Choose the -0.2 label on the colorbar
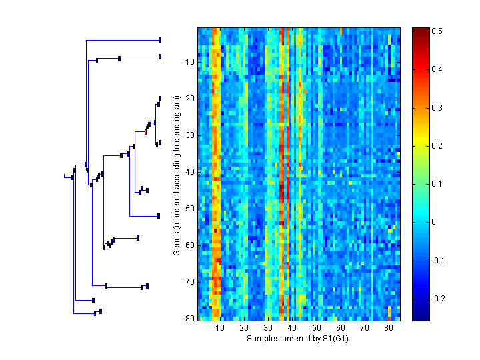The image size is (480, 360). click(x=439, y=298)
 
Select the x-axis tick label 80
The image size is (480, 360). click(x=388, y=328)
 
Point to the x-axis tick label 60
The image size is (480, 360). click(x=340, y=328)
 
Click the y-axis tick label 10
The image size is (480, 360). click(x=189, y=62)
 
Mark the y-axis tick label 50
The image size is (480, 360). click(x=189, y=209)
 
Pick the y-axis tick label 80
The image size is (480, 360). click(x=189, y=318)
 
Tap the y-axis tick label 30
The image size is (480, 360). click(x=189, y=135)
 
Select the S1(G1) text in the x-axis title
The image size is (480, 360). click(x=334, y=339)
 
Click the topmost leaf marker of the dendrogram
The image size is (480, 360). click(x=160, y=40)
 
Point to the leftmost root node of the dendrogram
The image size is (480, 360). click(x=72, y=177)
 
